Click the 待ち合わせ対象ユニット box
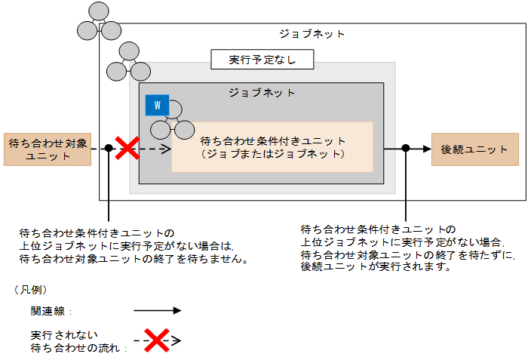pyautogui.click(x=47, y=149)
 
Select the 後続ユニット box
pyautogui.click(x=474, y=149)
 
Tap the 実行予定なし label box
pyautogui.click(x=262, y=59)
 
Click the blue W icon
pyautogui.click(x=158, y=105)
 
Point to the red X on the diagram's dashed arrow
pyautogui.click(x=127, y=148)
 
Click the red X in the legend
pyautogui.click(x=156, y=340)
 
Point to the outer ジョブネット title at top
pyautogui.click(x=312, y=34)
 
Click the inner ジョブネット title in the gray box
pyautogui.click(x=262, y=92)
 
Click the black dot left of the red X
pyautogui.click(x=109, y=149)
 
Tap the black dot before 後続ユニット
pyautogui.click(x=406, y=149)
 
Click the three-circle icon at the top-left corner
pyautogui.click(x=99, y=22)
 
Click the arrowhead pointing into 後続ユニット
pyautogui.click(x=426, y=149)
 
